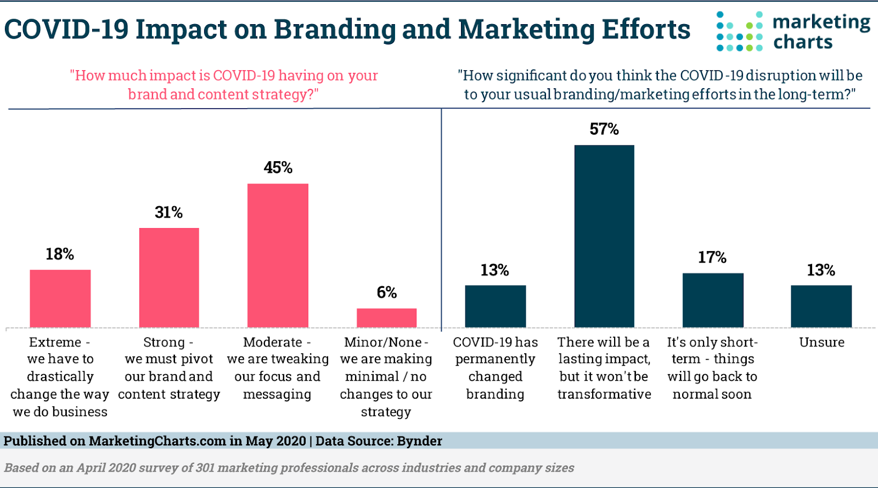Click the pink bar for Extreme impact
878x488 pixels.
tap(60, 298)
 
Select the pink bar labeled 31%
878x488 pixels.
tap(169, 277)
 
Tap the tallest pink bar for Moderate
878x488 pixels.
tap(278, 256)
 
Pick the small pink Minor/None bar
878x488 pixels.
tap(386, 318)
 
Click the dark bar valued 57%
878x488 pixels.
tap(604, 236)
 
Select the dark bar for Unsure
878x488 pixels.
tap(821, 306)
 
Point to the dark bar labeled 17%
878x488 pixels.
tap(712, 300)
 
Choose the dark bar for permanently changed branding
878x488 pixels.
tap(495, 306)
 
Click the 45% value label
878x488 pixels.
tap(278, 168)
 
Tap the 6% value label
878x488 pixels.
tap(386, 293)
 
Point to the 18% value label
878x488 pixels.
tap(60, 254)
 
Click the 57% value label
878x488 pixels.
tap(604, 129)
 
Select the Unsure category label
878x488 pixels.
tap(821, 342)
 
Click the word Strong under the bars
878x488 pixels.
tap(164, 342)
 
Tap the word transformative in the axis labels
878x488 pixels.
tap(604, 394)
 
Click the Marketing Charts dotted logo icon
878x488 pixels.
tap(739, 32)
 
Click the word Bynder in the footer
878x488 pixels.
tap(419, 441)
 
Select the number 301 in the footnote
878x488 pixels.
tap(205, 468)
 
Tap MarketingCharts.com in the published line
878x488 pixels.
tap(157, 441)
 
